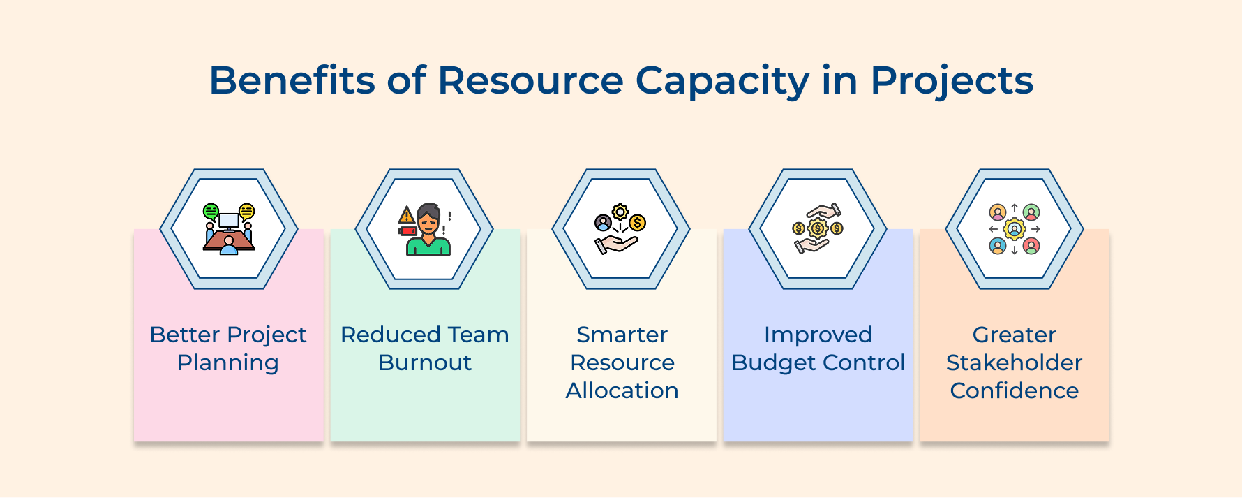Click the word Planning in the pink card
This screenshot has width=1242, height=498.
228,363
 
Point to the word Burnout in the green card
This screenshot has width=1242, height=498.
425,363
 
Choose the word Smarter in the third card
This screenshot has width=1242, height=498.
622,335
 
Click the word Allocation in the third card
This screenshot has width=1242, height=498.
622,390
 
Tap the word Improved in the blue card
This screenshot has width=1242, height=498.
818,335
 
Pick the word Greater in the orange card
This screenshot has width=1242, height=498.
1014,335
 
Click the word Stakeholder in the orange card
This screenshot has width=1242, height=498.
1014,362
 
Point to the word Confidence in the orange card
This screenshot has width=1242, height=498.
1014,390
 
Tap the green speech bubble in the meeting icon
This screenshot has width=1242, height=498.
211,211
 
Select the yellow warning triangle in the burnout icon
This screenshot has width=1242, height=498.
407,215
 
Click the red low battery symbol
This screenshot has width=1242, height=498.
407,230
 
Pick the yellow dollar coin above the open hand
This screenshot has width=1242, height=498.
637,223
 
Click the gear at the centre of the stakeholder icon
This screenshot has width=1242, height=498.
1014,229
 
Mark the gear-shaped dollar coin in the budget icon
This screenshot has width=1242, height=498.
817,228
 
